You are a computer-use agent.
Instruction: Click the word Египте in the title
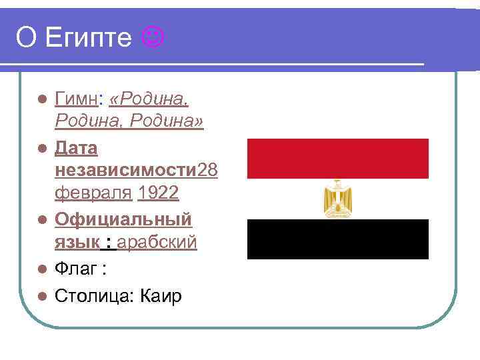click(89, 39)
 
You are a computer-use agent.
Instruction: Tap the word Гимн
click(77, 100)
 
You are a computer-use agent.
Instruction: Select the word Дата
click(76, 147)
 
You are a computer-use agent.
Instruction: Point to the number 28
click(207, 171)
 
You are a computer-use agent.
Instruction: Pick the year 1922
click(158, 193)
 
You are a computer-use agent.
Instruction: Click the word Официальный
click(123, 219)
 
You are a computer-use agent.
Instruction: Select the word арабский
click(157, 242)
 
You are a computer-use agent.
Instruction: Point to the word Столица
click(93, 295)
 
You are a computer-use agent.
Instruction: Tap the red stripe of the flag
click(337, 158)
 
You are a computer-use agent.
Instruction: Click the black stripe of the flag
click(337, 239)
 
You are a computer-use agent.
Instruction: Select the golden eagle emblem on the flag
click(337, 199)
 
